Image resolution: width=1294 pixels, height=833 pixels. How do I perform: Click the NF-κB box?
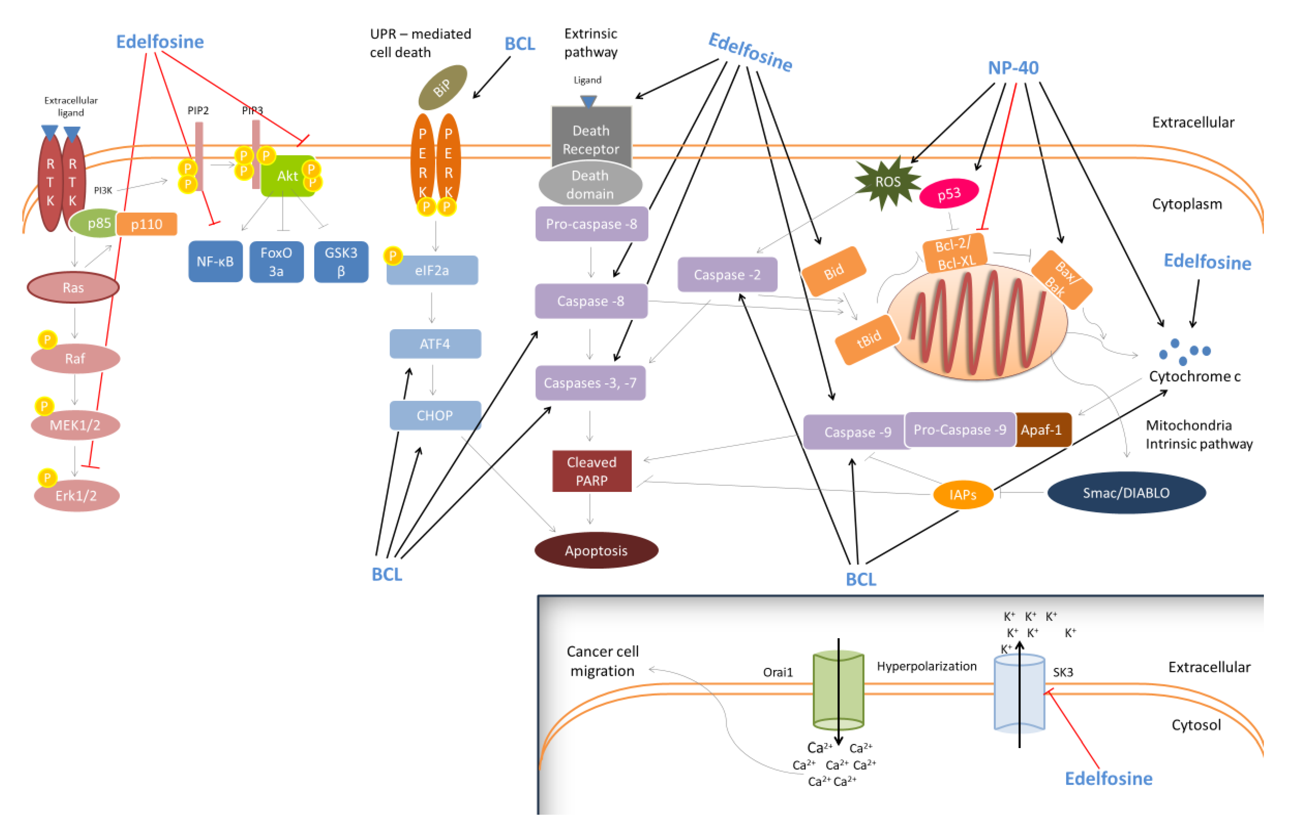tap(215, 262)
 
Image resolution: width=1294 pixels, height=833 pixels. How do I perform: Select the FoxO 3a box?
tap(277, 262)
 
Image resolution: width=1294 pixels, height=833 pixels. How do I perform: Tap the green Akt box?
tap(287, 176)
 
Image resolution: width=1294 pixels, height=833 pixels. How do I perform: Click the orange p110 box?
tap(147, 224)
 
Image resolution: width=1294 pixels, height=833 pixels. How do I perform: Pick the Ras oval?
tap(73, 287)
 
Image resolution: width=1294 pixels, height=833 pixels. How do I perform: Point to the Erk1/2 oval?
tap(76, 495)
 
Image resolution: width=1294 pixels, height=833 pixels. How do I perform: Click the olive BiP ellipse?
tap(442, 87)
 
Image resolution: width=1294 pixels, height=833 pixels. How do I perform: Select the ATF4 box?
tap(435, 344)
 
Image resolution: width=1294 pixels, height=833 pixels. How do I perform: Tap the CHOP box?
tap(435, 415)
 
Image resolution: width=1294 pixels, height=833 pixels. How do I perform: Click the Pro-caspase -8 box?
tap(591, 224)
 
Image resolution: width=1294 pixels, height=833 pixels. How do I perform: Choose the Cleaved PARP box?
tap(591, 471)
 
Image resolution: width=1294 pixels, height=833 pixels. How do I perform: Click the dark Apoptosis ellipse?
tap(596, 550)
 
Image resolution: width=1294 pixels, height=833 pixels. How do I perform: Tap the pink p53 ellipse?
tap(949, 194)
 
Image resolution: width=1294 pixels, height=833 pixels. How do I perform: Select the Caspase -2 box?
tap(727, 275)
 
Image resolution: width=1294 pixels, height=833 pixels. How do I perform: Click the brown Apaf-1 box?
tap(1042, 430)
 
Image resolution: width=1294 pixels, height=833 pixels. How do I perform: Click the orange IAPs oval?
tap(963, 494)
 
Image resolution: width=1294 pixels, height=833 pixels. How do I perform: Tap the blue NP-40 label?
tap(1013, 68)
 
